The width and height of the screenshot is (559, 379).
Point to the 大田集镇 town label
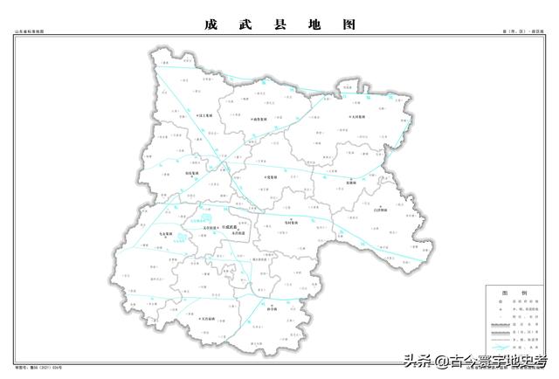[358, 115]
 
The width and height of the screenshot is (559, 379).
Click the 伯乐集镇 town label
[192, 173]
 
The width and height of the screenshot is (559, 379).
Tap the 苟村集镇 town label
[292, 223]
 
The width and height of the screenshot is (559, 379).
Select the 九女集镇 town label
[168, 235]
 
